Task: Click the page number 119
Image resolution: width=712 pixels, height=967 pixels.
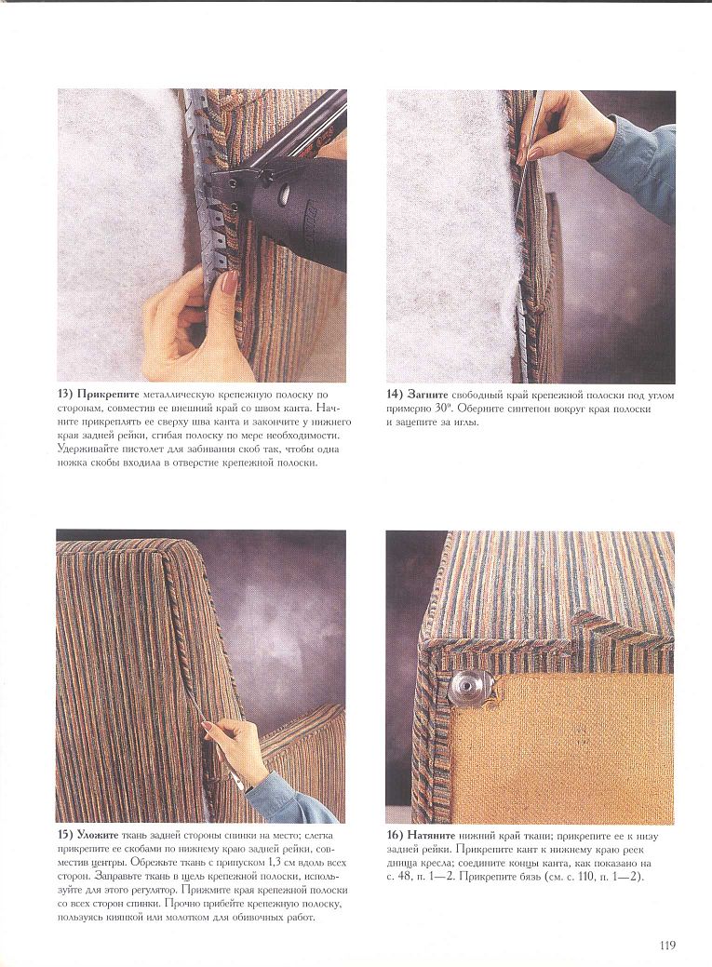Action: coord(667,945)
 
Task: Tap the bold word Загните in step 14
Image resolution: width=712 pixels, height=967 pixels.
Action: coord(428,395)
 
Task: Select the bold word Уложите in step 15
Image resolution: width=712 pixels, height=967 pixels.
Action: coord(98,835)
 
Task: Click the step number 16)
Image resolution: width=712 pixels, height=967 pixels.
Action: coord(395,836)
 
